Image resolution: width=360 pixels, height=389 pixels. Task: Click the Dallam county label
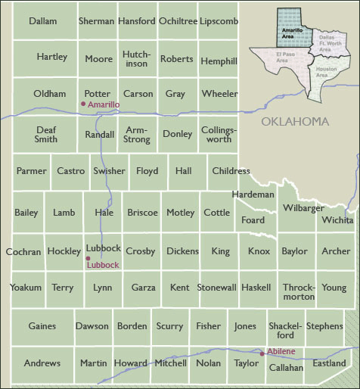pyautogui.click(x=43, y=21)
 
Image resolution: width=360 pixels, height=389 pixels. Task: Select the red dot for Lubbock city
pyautogui.click(x=88, y=258)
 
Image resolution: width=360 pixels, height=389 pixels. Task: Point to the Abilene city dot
pyautogui.click(x=262, y=353)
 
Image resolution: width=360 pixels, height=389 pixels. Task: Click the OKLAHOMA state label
pyautogui.click(x=295, y=121)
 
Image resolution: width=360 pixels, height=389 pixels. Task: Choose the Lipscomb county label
pyautogui.click(x=219, y=21)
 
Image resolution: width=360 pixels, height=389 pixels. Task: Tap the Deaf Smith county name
pyautogui.click(x=46, y=134)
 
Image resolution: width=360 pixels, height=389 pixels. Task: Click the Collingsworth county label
pyautogui.click(x=219, y=134)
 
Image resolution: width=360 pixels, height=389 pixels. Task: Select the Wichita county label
pyautogui.click(x=337, y=220)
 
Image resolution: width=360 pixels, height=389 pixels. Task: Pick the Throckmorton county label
pyautogui.click(x=299, y=292)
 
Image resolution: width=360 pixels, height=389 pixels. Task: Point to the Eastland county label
pyautogui.click(x=330, y=363)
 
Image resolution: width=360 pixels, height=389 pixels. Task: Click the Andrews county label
pyautogui.click(x=42, y=363)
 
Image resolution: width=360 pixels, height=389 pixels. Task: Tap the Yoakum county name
pyautogui.click(x=26, y=288)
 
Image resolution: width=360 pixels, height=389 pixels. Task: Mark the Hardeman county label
pyautogui.click(x=253, y=194)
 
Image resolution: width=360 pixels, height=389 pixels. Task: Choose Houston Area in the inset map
pyautogui.click(x=321, y=72)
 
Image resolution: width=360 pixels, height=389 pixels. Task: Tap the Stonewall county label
pyautogui.click(x=217, y=288)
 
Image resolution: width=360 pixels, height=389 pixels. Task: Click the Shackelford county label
pyautogui.click(x=284, y=330)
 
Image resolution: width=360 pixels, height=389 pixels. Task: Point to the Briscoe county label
pyautogui.click(x=142, y=213)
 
